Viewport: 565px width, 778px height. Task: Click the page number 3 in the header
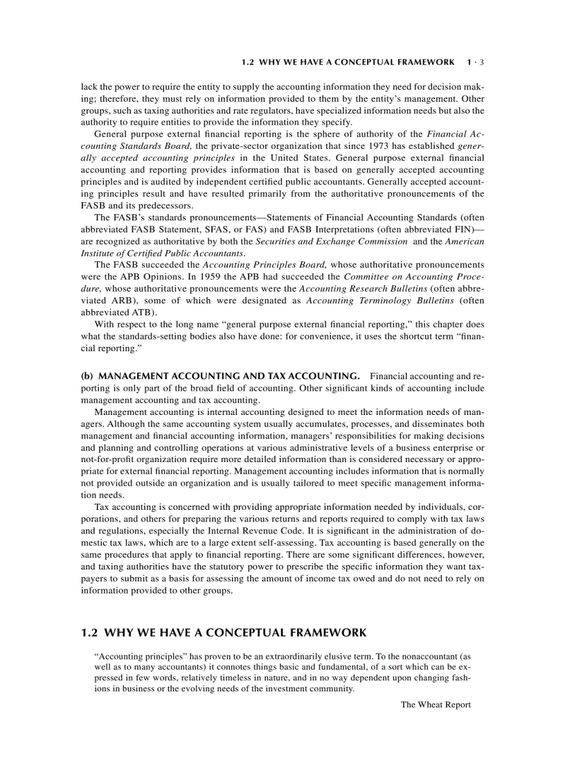tap(482, 62)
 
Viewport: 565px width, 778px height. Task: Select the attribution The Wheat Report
tap(436, 705)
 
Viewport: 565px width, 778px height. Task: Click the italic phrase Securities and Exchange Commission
tap(331, 241)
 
